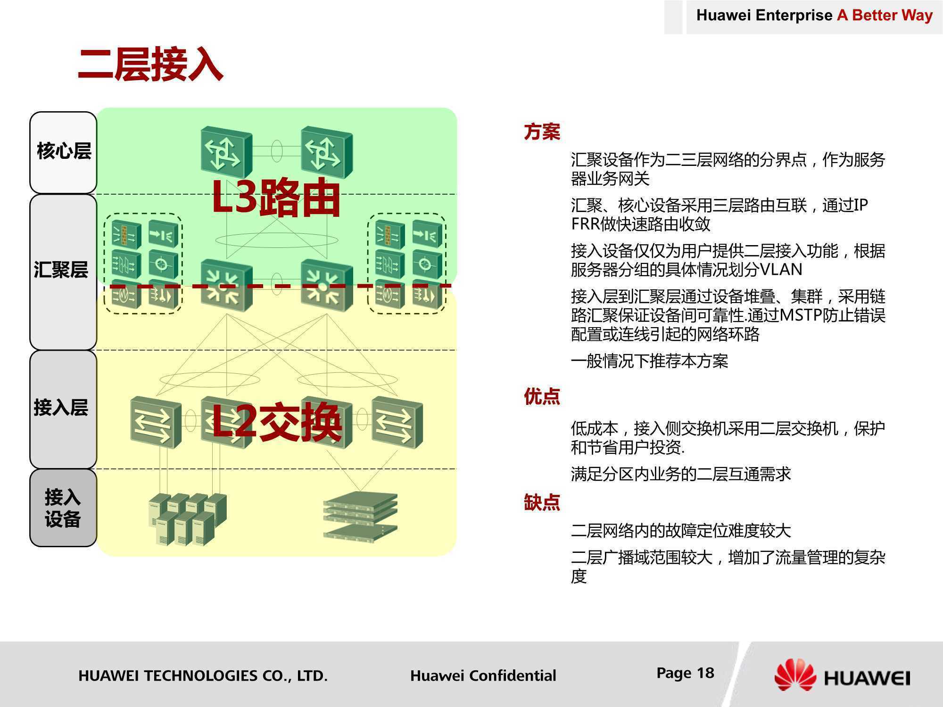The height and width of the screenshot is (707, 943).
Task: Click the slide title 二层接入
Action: coord(150,65)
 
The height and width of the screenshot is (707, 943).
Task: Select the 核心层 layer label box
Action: coord(63,153)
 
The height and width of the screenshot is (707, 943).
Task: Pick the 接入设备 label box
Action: coord(63,508)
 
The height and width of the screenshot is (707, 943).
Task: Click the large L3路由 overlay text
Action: coord(276,198)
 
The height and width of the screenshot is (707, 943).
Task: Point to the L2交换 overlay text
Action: coord(277,422)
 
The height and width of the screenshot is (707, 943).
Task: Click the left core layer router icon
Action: coord(226,152)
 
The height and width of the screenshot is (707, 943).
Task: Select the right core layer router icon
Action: coord(327,152)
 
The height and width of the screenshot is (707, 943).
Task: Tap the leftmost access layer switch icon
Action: coord(156,422)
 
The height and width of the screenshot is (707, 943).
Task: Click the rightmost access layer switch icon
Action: coord(397,422)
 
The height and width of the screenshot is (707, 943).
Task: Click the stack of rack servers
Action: coord(361,516)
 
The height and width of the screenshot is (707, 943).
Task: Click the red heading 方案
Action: coord(542,132)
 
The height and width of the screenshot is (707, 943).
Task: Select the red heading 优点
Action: coord(542,396)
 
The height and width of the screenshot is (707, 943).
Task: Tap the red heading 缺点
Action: coord(542,502)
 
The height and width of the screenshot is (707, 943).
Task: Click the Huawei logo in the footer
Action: coord(842,675)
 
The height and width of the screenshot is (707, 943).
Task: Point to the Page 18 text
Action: coord(685,673)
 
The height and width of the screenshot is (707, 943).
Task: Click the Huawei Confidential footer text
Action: coord(483,675)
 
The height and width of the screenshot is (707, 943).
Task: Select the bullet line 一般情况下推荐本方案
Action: coord(649,361)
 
